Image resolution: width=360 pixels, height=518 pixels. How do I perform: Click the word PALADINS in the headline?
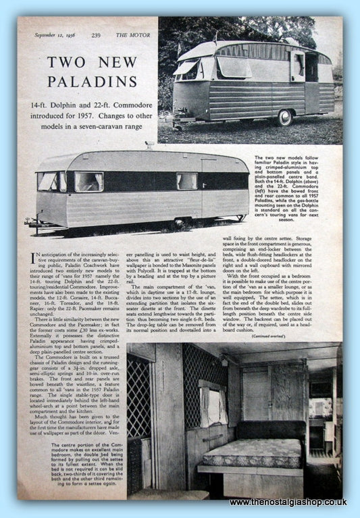(91, 83)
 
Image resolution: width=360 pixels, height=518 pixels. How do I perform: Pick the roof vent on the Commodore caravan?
(149, 145)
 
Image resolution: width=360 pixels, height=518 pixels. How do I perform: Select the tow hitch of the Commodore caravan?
(30, 222)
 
